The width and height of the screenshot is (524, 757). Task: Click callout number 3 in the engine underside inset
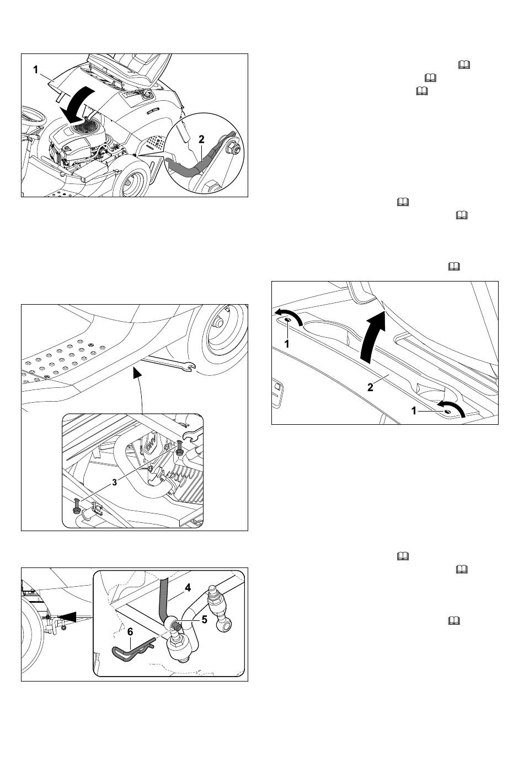[x=114, y=482]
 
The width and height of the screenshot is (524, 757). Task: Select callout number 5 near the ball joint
[x=204, y=619]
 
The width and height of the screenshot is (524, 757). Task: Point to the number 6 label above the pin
[x=130, y=631]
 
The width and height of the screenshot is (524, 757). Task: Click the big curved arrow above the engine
[x=79, y=105]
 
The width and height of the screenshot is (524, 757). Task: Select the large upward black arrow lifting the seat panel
[x=372, y=338]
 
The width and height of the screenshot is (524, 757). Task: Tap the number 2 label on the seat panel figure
[x=370, y=387]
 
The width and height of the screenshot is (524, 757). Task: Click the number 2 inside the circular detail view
[x=201, y=139]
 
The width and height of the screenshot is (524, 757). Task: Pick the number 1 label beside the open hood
[x=35, y=70]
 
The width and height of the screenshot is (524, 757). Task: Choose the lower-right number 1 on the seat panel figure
[x=413, y=410]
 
